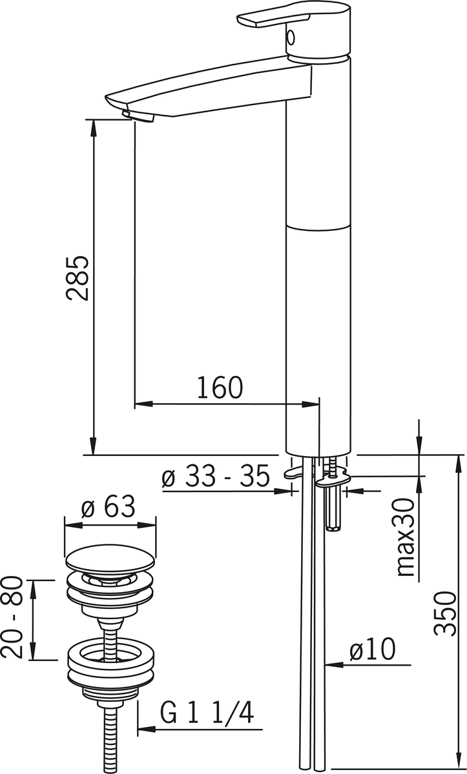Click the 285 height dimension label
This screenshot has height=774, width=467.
coord(77,278)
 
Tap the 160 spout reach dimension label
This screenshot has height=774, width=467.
coord(220,388)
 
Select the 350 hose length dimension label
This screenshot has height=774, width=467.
coord(445,613)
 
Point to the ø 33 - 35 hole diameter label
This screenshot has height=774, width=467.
coord(216,476)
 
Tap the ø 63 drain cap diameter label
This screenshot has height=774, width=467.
coord(108,506)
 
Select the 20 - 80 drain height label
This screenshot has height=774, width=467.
coord(12,617)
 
